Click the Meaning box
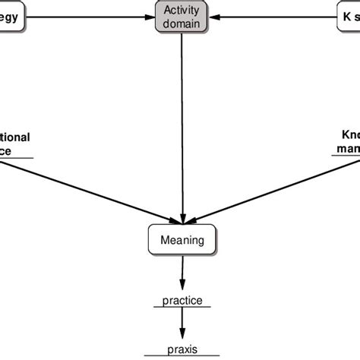pos(182,241)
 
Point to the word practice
pos(182,301)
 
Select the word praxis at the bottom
pos(182,351)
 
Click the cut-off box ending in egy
pos(11,16)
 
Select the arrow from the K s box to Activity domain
pos(273,16)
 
